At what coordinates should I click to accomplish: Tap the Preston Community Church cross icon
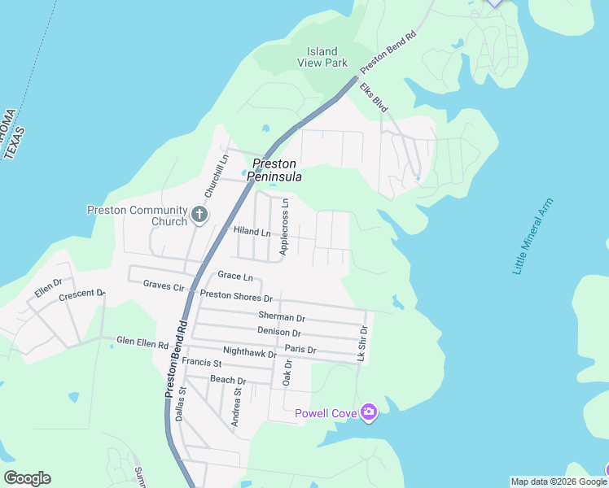(x=199, y=216)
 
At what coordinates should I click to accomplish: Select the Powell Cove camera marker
(x=369, y=413)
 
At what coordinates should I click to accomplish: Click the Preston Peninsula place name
(x=277, y=170)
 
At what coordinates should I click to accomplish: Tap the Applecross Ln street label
(x=284, y=227)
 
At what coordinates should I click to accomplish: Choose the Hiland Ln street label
(x=252, y=232)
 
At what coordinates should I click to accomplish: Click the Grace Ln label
(x=234, y=277)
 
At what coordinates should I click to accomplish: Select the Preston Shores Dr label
(x=236, y=297)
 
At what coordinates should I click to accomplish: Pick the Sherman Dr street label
(x=281, y=316)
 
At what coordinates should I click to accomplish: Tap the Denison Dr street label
(x=279, y=332)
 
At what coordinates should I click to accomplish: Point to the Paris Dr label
(x=300, y=350)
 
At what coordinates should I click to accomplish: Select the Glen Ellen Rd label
(x=142, y=342)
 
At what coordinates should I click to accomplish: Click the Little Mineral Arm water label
(x=533, y=236)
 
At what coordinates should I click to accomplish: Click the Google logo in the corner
(x=27, y=478)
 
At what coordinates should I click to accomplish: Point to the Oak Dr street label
(x=287, y=373)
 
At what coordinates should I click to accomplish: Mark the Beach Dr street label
(x=228, y=380)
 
